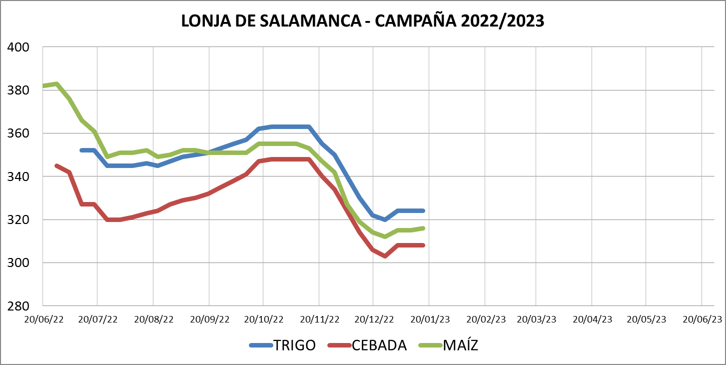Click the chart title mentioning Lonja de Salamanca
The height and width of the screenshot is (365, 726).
pos(362,21)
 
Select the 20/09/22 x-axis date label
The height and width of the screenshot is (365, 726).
pos(209,319)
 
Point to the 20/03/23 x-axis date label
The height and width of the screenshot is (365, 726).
pos(536,319)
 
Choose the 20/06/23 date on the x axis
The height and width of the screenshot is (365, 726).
pos(702,319)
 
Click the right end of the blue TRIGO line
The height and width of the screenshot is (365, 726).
pos(424,210)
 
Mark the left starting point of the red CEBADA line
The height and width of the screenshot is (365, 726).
pos(56,165)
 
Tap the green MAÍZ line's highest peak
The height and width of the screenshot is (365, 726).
pos(56,84)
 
